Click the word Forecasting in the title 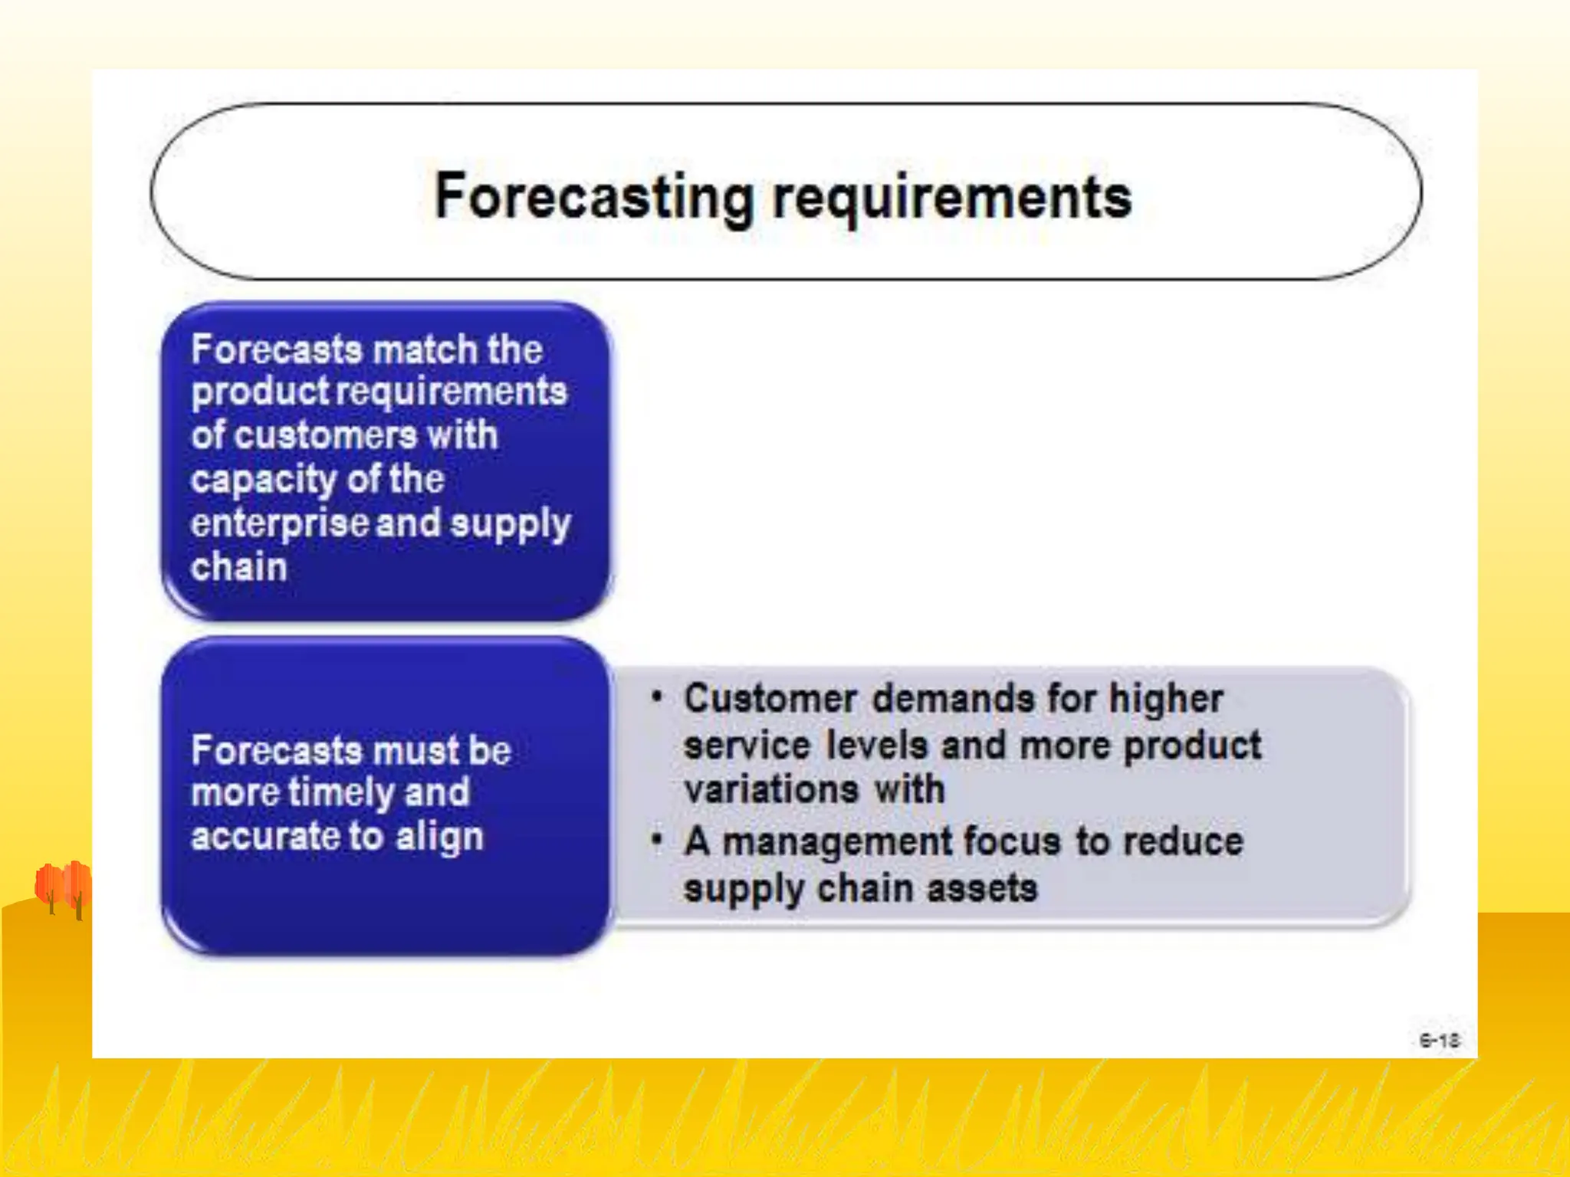click(x=593, y=198)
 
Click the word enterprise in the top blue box click(x=280, y=523)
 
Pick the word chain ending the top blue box click(x=239, y=567)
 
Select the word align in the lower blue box click(x=439, y=837)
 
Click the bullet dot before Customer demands click(x=656, y=697)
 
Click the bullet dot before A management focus click(x=656, y=841)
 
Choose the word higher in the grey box click(x=1165, y=699)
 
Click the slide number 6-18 click(x=1439, y=1040)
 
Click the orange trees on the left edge click(x=64, y=887)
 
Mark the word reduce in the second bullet click(x=1182, y=841)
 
